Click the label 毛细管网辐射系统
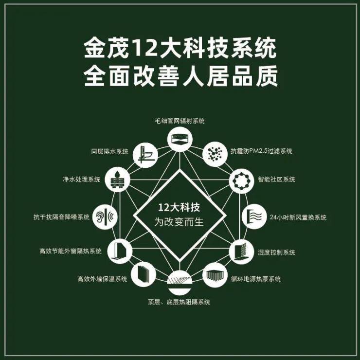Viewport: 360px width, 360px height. [x=180, y=121]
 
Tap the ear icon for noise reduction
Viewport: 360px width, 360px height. [x=105, y=217]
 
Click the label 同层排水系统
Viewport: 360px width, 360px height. [x=109, y=151]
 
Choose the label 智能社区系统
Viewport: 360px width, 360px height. [x=276, y=179]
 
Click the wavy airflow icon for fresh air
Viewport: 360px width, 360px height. [x=254, y=216]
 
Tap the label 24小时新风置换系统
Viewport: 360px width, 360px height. [x=298, y=217]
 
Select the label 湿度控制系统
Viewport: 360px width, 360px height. [x=276, y=252]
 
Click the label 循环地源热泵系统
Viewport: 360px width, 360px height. [x=256, y=279]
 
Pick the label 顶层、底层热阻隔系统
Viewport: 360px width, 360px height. [x=179, y=302]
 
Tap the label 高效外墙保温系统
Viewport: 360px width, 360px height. [x=102, y=279]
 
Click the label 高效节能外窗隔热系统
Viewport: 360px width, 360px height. [x=70, y=251]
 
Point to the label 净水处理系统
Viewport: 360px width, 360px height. [x=82, y=179]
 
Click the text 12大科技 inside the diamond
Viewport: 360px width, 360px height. [x=179, y=208]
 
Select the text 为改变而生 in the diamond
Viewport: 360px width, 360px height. [x=179, y=222]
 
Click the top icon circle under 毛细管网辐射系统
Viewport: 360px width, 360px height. [x=180, y=139]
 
